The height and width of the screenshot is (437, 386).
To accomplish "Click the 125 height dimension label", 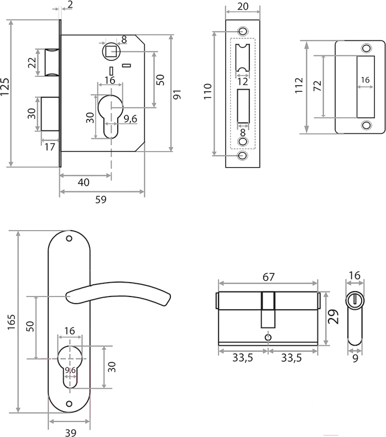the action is (x=5, y=86).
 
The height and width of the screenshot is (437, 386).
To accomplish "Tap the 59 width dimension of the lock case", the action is (x=101, y=200).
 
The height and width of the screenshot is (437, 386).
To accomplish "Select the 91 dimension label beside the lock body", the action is (x=178, y=95).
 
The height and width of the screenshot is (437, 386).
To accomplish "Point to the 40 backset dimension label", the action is (x=84, y=183).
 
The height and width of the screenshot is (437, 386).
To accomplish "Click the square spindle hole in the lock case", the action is (x=112, y=51).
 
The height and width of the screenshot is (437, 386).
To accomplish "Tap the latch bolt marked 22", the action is (x=52, y=63).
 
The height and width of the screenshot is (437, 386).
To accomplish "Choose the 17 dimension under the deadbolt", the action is (x=50, y=147).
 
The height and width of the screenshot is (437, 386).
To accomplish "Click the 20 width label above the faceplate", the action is (x=243, y=7).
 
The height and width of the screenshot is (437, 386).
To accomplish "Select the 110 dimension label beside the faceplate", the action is (x=207, y=91).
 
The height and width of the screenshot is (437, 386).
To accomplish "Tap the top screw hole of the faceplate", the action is (x=242, y=30).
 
